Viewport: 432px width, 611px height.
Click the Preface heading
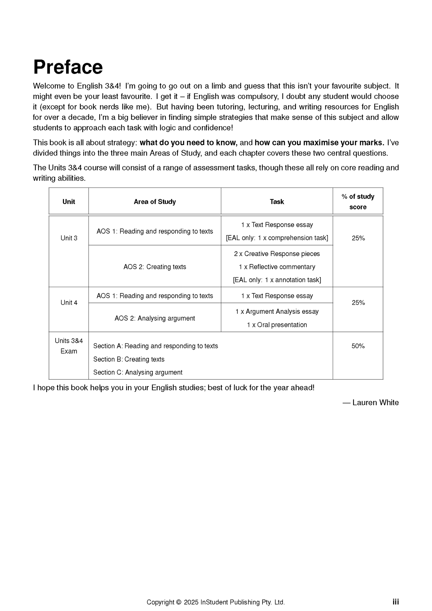click(68, 67)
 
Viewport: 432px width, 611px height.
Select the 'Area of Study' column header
click(155, 202)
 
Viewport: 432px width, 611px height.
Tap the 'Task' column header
click(277, 202)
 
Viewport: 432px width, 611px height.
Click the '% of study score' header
click(358, 202)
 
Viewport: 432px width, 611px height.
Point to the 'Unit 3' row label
click(69, 238)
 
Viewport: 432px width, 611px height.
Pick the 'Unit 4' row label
click(69, 303)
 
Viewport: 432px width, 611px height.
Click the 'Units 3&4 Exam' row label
click(69, 346)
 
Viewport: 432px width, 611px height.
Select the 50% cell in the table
click(358, 346)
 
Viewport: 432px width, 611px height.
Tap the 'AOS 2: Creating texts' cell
click(155, 267)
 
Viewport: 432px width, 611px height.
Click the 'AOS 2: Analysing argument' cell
click(155, 318)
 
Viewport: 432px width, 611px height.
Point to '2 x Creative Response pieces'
click(277, 254)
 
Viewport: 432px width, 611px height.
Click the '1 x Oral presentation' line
click(277, 325)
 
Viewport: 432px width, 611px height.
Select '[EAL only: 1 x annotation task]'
click(277, 280)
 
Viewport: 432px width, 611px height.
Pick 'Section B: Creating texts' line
click(129, 359)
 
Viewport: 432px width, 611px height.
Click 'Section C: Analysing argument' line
click(138, 372)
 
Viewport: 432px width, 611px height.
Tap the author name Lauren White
click(375, 403)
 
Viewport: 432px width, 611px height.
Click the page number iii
click(396, 602)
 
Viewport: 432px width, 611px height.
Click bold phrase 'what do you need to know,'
click(188, 143)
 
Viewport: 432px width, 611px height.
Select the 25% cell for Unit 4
click(358, 303)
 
